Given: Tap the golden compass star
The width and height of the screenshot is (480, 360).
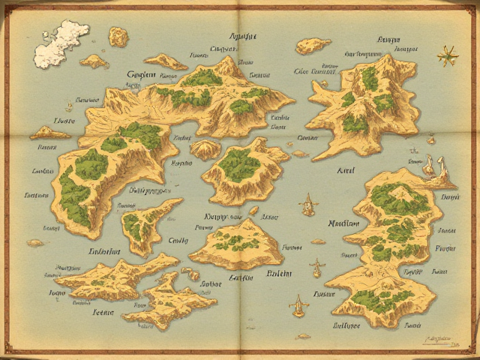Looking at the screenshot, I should [x=449, y=54].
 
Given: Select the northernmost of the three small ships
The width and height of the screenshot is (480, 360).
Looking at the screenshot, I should [x=307, y=203].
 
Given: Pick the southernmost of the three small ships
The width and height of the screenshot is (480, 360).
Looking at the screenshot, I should [x=298, y=304].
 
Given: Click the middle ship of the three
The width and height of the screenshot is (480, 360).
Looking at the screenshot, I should [x=316, y=266].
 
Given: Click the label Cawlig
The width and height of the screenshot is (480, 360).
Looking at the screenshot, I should [x=178, y=241].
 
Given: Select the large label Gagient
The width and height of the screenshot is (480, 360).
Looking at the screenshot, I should [x=142, y=74].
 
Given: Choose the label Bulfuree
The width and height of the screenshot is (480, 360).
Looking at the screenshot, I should [x=346, y=326].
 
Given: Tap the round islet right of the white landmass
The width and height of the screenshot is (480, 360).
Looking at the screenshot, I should [x=118, y=36].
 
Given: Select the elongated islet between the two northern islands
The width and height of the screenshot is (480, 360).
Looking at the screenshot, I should [x=313, y=46].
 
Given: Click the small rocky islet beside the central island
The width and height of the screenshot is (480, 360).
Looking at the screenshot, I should [x=204, y=149].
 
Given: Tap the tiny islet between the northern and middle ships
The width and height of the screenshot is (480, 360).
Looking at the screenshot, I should [x=318, y=241].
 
